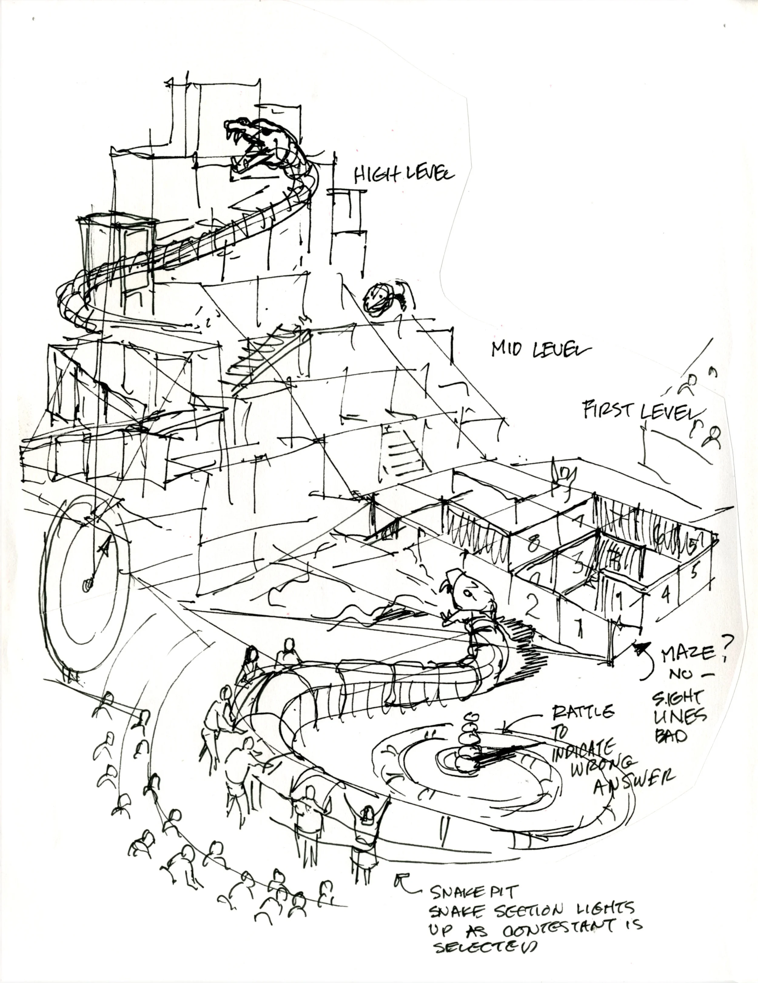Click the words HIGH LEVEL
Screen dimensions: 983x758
(x=404, y=174)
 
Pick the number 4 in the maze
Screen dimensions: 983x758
(x=666, y=594)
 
